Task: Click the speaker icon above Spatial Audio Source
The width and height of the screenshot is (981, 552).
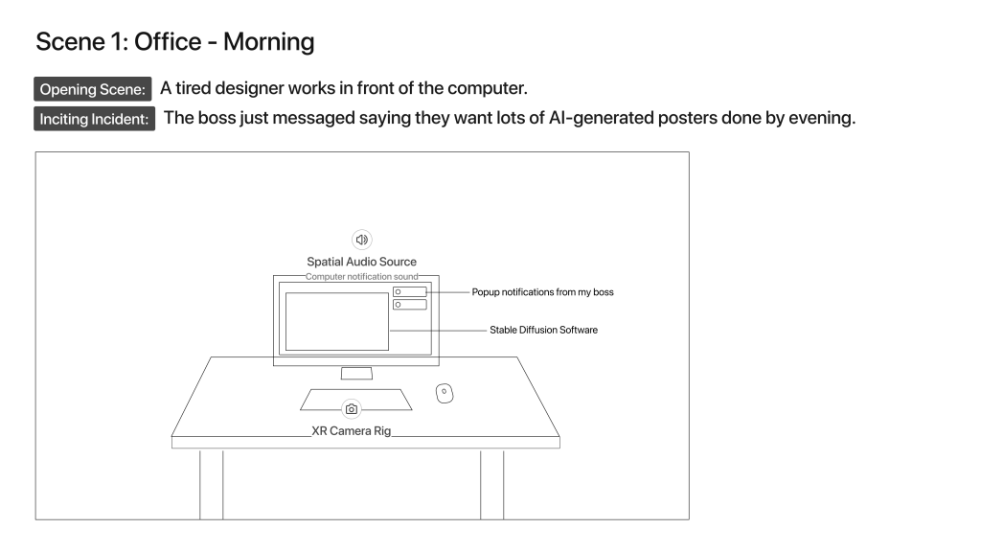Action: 361,240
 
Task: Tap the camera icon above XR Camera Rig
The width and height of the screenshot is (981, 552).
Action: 352,409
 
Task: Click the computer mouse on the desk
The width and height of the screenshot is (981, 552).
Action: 445,393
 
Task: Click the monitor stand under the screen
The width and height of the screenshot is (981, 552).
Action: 356,373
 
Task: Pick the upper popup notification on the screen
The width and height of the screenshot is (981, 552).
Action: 410,291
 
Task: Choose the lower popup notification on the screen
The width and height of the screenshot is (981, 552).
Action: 410,305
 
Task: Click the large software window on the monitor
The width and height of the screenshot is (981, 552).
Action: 337,322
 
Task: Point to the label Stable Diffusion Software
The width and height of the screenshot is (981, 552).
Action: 544,330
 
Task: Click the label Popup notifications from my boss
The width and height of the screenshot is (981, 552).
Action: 542,292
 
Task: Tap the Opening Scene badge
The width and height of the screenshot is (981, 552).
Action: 93,89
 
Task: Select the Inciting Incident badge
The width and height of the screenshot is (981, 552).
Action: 95,119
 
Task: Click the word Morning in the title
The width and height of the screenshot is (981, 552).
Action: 269,42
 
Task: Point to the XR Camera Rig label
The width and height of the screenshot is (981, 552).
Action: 352,430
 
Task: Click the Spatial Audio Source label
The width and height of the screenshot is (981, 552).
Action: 361,262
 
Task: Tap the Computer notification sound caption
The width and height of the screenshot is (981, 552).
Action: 361,277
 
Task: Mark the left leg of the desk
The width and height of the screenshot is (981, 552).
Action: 212,484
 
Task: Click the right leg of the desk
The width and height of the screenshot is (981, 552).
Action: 492,484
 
